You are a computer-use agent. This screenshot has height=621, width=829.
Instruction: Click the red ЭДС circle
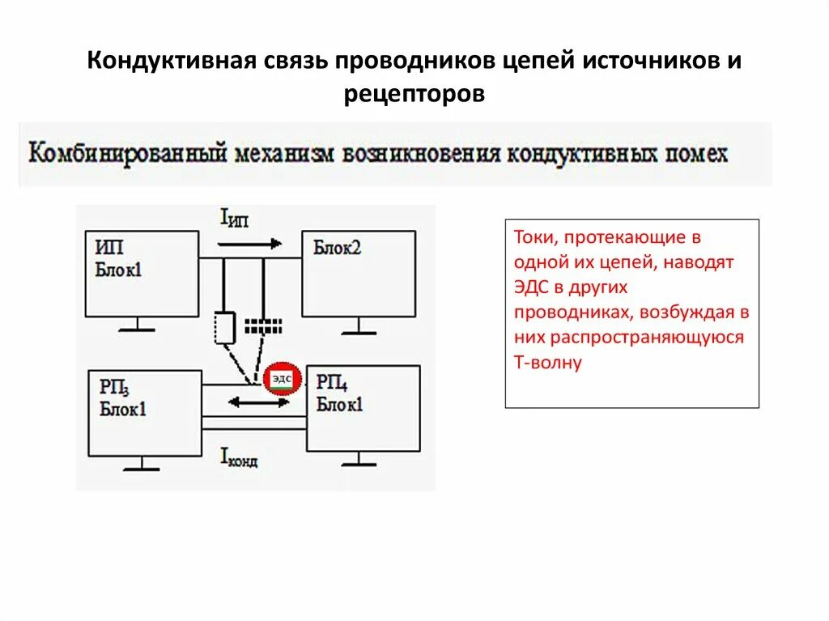click(283, 378)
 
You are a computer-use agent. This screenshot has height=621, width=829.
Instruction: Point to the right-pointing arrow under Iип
click(250, 243)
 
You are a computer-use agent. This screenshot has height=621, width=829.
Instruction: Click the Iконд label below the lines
click(240, 458)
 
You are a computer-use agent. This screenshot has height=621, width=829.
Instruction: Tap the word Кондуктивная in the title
click(172, 62)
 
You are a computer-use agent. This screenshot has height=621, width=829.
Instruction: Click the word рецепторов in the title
click(414, 94)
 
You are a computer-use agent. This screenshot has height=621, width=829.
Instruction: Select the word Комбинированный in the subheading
click(127, 153)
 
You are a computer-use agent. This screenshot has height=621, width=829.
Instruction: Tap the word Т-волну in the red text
click(547, 362)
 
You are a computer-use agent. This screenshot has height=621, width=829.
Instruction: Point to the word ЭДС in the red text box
click(530, 287)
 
